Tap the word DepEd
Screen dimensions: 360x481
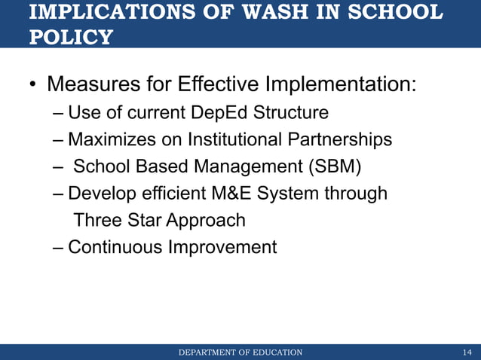click(219, 113)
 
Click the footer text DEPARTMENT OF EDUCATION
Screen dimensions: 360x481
click(240, 352)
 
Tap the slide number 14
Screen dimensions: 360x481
click(467, 352)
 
